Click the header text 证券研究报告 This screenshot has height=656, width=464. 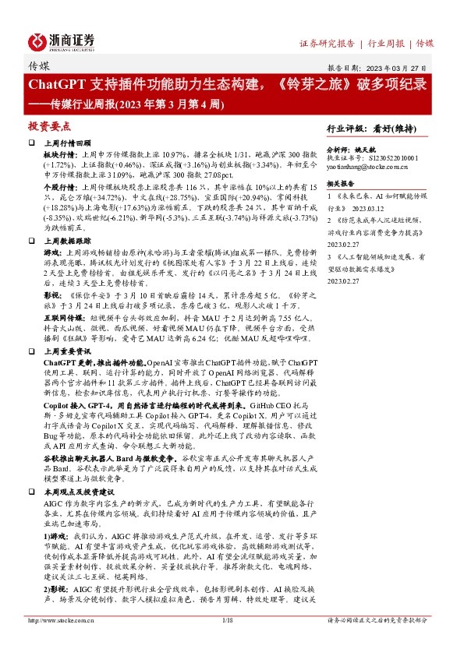coord(327,43)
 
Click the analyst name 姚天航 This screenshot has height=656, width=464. coord(363,147)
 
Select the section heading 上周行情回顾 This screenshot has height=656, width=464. coord(64,144)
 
